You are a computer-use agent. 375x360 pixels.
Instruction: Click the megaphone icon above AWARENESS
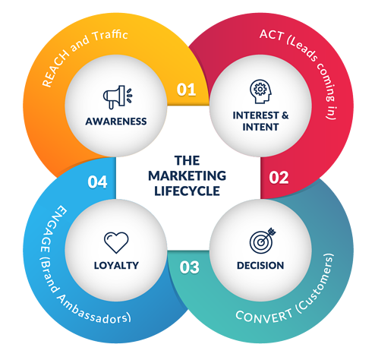(118, 97)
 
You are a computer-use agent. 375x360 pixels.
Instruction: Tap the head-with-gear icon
(260, 91)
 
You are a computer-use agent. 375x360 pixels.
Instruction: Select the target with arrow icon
(263, 240)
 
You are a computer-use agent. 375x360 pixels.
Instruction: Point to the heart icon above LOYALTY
(116, 242)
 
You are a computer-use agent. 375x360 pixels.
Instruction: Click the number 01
(186, 90)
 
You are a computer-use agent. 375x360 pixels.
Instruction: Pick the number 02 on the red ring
(279, 178)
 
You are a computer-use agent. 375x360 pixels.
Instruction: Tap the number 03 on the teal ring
(190, 267)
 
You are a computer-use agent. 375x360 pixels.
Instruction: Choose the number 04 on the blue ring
(97, 182)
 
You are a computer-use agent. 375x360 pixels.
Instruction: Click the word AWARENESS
(116, 122)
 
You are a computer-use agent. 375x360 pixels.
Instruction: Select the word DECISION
(260, 265)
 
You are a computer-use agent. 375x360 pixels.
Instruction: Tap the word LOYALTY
(116, 265)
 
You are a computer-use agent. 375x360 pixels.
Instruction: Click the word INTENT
(260, 127)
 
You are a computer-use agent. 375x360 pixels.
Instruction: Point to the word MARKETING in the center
(187, 175)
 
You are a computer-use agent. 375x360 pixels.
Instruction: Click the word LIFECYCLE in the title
(187, 191)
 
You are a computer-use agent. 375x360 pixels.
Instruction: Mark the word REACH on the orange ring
(55, 70)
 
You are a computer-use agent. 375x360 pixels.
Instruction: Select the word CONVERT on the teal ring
(263, 317)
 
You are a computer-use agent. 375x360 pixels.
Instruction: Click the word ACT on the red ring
(271, 35)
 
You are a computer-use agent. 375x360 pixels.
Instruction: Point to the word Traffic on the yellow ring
(110, 36)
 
